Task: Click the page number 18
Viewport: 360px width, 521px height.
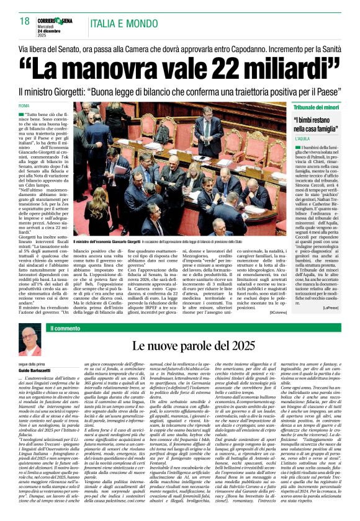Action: (25, 21)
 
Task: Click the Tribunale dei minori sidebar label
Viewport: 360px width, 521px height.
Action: (315, 107)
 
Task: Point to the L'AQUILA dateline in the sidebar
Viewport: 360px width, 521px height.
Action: (302, 139)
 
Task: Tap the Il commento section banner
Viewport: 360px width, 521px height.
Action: (62, 328)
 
